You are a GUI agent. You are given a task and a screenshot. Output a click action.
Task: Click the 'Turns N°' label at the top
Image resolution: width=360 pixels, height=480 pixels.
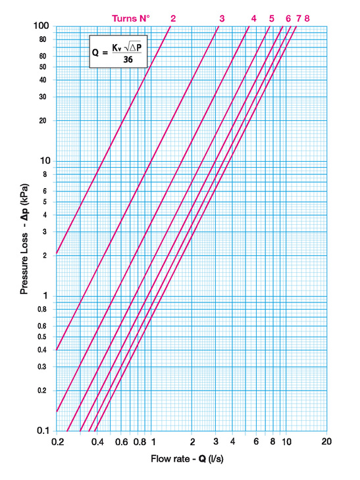coord(131,18)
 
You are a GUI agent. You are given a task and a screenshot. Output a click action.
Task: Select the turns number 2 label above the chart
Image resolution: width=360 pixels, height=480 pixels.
coord(173,18)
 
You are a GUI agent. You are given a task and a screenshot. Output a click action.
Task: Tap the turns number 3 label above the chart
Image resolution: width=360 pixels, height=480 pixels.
coord(222,18)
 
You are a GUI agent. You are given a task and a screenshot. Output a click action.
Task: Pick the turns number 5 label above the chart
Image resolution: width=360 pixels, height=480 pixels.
coord(271,18)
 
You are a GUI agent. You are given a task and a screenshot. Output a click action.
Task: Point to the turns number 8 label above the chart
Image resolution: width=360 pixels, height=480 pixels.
coord(307,18)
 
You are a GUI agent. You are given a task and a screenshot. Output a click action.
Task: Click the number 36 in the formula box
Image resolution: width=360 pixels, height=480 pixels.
coord(128,59)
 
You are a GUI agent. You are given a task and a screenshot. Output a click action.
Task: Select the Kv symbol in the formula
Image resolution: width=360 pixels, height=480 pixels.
coord(116,48)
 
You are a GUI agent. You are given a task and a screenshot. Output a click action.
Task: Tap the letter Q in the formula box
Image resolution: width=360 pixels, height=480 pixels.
coord(95,53)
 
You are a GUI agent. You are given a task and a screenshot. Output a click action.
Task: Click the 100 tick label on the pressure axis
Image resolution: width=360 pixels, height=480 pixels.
coord(41,26)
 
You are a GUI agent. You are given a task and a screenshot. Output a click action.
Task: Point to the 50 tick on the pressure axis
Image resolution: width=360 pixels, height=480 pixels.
coord(43,66)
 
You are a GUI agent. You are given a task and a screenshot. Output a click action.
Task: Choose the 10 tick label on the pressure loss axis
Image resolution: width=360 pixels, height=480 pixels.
coord(45,160)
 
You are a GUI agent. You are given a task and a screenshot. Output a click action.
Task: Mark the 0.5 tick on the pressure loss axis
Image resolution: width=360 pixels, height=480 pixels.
coord(41,337)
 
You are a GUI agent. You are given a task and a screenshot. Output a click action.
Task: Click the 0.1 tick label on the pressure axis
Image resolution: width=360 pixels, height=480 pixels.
coord(43,431)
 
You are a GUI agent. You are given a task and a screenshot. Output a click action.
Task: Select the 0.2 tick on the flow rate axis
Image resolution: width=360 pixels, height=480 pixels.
coord(58,442)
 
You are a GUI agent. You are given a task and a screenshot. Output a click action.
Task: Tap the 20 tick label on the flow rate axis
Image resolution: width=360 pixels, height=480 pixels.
coord(326,441)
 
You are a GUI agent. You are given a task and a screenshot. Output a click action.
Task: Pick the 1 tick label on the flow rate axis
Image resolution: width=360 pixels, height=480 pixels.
coord(153,442)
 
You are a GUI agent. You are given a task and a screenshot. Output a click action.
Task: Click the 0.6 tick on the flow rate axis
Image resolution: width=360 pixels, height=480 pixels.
coord(121,442)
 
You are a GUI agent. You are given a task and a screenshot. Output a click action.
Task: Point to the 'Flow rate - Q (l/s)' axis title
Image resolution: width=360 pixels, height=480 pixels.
coord(187,459)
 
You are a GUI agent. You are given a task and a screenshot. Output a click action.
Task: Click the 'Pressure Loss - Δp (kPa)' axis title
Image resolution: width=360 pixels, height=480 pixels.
coord(24,239)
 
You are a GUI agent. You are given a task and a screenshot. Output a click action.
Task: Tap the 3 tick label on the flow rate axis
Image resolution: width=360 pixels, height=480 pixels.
coord(216,441)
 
